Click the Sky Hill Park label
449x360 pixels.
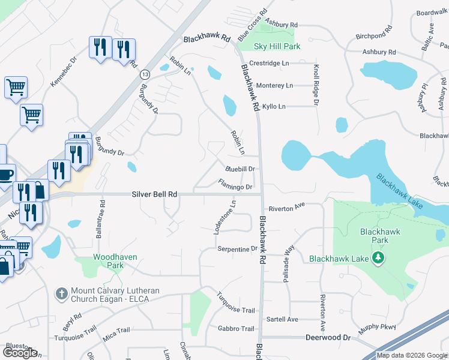tap(277, 46)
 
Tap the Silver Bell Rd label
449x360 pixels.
tap(155, 194)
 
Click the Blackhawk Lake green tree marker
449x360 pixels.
tap(378, 259)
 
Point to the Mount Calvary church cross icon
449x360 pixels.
tap(61, 293)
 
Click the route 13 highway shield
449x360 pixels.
tap(145, 74)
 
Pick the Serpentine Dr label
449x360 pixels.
tap(237, 248)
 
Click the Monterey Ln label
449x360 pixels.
tap(274, 86)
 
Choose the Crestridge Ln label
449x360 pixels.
tap(269, 63)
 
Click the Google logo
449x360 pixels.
tap(20, 353)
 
